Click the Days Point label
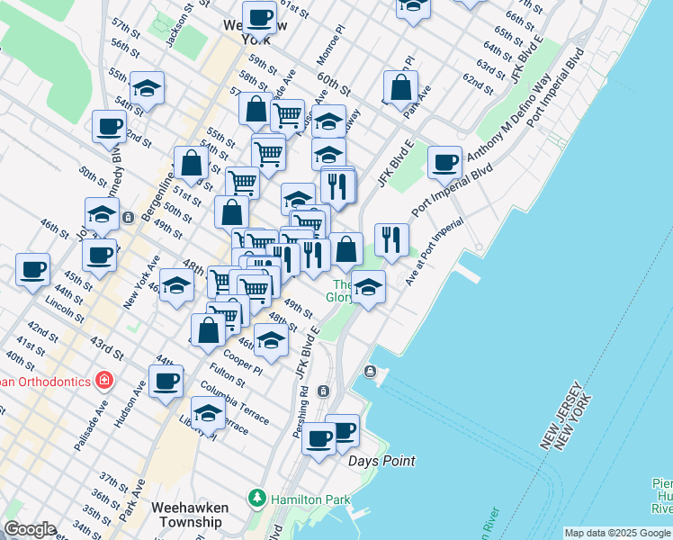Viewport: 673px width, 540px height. pyautogui.click(x=382, y=461)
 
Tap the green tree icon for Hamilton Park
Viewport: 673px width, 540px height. pyautogui.click(x=258, y=497)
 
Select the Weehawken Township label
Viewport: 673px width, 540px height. pyautogui.click(x=190, y=514)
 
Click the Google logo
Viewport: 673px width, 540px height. pyautogui.click(x=30, y=529)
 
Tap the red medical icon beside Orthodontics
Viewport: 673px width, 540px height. pyautogui.click(x=104, y=381)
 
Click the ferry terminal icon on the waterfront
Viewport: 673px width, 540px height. pyautogui.click(x=370, y=372)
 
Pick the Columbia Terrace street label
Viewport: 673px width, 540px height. pyautogui.click(x=234, y=402)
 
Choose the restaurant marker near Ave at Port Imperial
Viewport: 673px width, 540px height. pyautogui.click(x=391, y=239)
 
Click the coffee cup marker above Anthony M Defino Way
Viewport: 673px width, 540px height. pyautogui.click(x=444, y=162)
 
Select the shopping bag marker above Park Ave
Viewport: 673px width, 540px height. pyautogui.click(x=401, y=87)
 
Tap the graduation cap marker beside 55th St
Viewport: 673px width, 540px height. pyautogui.click(x=147, y=88)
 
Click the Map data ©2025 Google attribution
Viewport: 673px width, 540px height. pyautogui.click(x=616, y=533)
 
